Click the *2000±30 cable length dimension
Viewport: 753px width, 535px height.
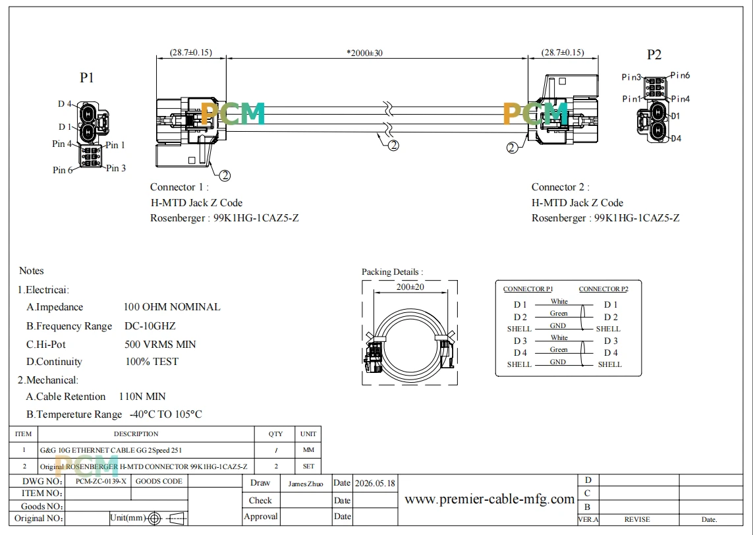coord(364,53)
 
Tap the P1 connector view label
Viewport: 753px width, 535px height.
coord(87,77)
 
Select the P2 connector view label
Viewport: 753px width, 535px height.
coord(654,55)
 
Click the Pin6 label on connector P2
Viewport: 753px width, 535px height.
coord(681,75)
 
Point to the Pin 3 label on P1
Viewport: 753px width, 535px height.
coord(116,168)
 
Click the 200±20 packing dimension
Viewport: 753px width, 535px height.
coord(410,287)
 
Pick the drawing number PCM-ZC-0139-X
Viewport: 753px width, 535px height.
coord(101,481)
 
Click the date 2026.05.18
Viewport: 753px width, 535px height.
coord(375,483)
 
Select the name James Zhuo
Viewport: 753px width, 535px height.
coord(306,484)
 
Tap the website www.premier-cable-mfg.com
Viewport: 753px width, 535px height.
coord(489,499)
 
